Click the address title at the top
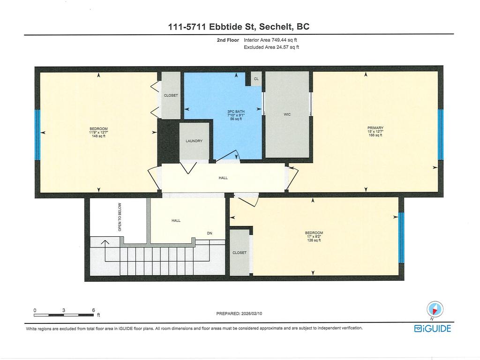point(239,27)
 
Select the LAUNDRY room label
point(194,141)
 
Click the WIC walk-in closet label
point(287,114)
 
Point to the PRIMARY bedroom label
point(375,128)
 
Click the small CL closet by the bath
point(256,79)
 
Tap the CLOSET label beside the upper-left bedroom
point(171,96)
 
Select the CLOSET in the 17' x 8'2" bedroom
point(239,253)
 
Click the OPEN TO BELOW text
point(120,217)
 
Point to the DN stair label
point(210,233)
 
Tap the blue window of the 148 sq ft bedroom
point(37,135)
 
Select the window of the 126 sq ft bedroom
point(401,237)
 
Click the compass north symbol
point(435,309)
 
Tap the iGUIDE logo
point(432,329)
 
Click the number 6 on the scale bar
point(94,310)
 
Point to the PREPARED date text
point(242,314)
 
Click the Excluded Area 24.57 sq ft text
point(271,47)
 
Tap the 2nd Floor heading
point(227,40)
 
